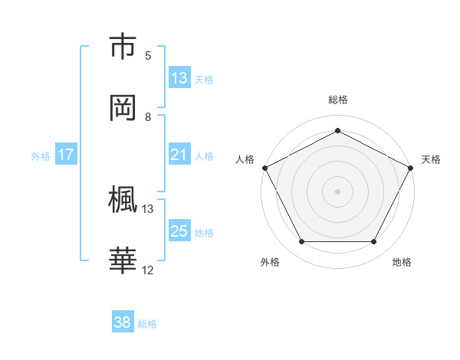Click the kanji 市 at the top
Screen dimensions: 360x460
[123, 47]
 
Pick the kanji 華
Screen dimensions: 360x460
[123, 260]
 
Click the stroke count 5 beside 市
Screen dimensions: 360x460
[148, 56]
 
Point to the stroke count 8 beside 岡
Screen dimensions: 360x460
[148, 117]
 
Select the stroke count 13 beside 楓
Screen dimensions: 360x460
[148, 208]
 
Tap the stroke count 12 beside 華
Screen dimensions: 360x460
[148, 270]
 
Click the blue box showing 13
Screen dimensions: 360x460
[179, 78]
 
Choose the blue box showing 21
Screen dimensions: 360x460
[179, 155]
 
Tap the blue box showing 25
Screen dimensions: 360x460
[179, 231]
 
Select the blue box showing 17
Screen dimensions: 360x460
[66, 155]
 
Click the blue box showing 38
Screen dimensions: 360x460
[123, 322]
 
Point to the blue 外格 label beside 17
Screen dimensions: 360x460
[41, 155]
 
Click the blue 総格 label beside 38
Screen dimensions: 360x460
[147, 323]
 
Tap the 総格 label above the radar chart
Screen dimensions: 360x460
[338, 100]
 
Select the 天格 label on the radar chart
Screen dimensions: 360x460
[431, 159]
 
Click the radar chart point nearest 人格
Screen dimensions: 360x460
[264, 167]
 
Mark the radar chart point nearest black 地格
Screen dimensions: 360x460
[374, 242]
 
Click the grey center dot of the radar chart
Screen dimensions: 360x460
[337, 191]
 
